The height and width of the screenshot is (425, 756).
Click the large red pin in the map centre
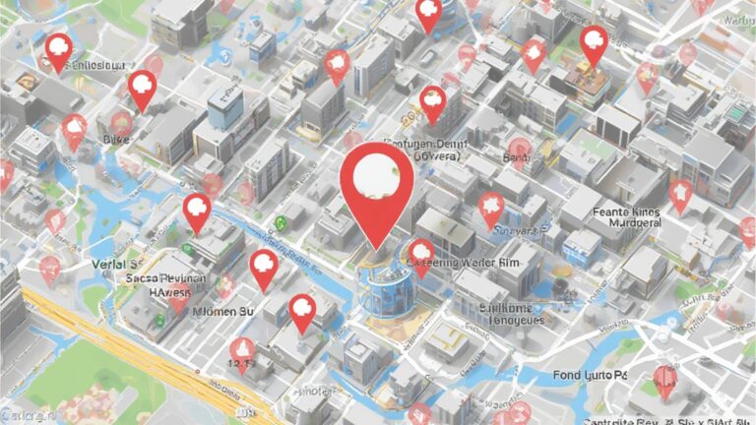376,187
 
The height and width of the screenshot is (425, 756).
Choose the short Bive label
115,141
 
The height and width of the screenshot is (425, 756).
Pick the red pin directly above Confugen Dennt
432,102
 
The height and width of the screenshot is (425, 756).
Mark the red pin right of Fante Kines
680,194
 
